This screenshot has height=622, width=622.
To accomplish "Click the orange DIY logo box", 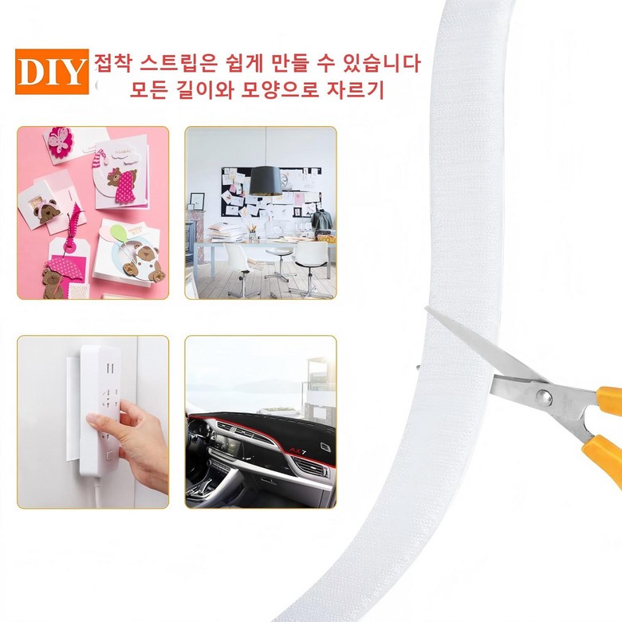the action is pos(52,72).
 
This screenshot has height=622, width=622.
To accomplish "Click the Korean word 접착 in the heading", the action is pos(114,64).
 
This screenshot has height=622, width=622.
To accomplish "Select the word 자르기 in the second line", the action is pos(355,89).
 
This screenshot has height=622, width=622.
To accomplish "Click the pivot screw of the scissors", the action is pos(543,395).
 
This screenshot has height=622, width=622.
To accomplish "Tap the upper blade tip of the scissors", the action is pos(426,308).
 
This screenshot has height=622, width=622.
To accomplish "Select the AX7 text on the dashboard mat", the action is pos(297,451).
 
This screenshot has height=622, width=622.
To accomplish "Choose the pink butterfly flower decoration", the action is pos(60,142).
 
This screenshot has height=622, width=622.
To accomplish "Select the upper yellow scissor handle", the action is pos(610,401).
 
